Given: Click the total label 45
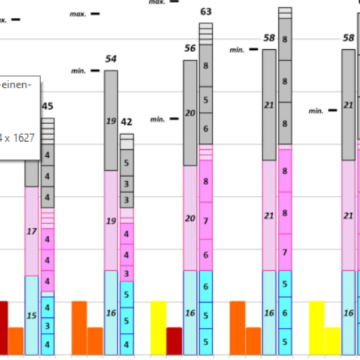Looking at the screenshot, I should click(x=47, y=106).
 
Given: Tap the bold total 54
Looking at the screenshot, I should click(x=111, y=59).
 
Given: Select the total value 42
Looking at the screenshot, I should click(x=127, y=123).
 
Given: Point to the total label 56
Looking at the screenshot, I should click(x=190, y=48).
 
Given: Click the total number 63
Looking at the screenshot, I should click(x=206, y=12).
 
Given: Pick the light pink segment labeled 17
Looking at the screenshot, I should click(x=32, y=231).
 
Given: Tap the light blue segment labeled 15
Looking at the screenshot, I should click(x=32, y=315).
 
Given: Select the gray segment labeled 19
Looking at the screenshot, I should click(x=111, y=121).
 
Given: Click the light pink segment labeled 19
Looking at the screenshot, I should click(x=111, y=221).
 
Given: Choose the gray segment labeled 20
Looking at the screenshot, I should click(x=190, y=113).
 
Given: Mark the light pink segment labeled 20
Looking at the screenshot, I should click(x=190, y=218).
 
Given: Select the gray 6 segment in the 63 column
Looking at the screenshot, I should click(x=206, y=129).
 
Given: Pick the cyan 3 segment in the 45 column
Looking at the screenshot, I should click(x=48, y=326).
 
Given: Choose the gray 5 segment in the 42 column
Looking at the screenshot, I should click(x=127, y=163).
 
